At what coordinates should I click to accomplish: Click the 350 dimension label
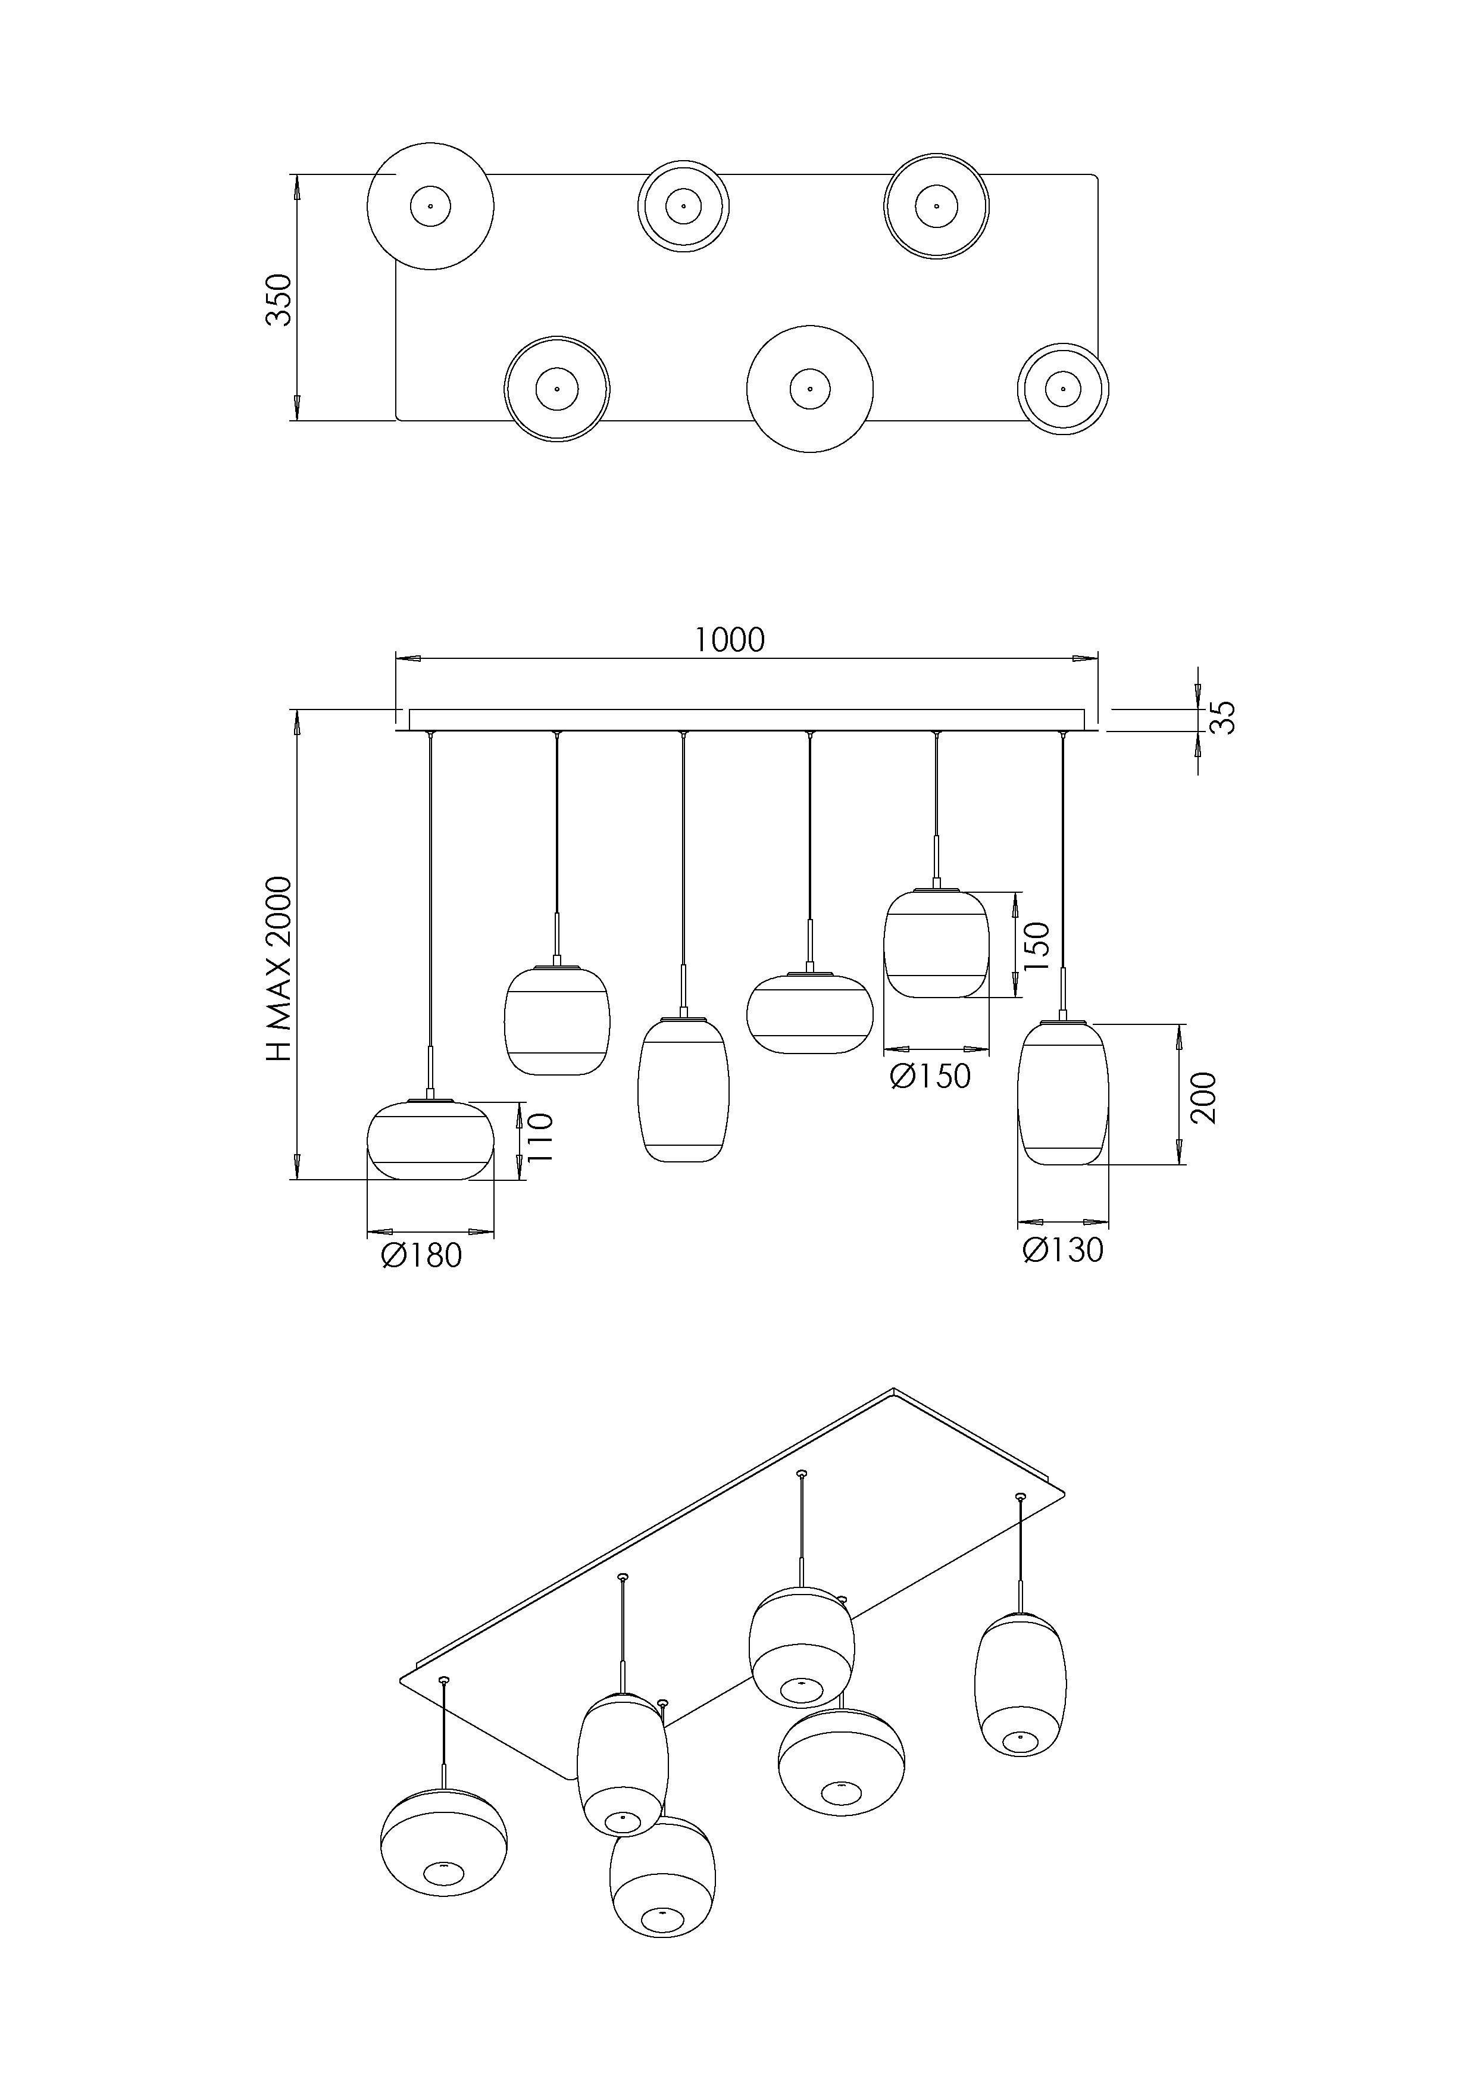tap(279, 299)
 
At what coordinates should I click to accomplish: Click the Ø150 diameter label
tap(930, 1077)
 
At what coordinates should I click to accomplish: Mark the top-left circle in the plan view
tap(430, 207)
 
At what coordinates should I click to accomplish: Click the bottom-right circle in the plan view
tap(1063, 389)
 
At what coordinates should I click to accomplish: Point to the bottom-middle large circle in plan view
tap(810, 388)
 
